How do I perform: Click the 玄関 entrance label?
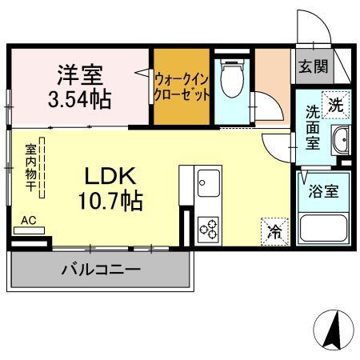coord(313,66)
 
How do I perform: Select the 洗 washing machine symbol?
coord(338,105)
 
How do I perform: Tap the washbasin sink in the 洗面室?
coord(340,139)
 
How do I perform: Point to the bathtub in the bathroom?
coord(324,230)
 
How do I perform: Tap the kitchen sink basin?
coord(208,184)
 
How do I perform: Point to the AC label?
coord(28,220)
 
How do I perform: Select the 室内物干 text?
coord(30,168)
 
